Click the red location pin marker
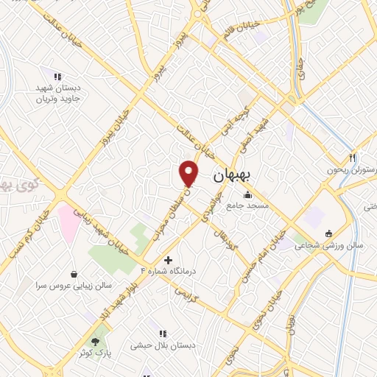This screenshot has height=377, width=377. coord(189,173)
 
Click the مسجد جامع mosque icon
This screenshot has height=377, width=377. coord(246,195)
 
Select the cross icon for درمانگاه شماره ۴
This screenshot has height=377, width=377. coord(169,260)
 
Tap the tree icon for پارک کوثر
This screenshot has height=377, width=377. coord(95,342)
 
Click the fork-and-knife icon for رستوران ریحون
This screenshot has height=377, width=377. coord(353,158)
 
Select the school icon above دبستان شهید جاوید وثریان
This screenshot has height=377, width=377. coord(57,76)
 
